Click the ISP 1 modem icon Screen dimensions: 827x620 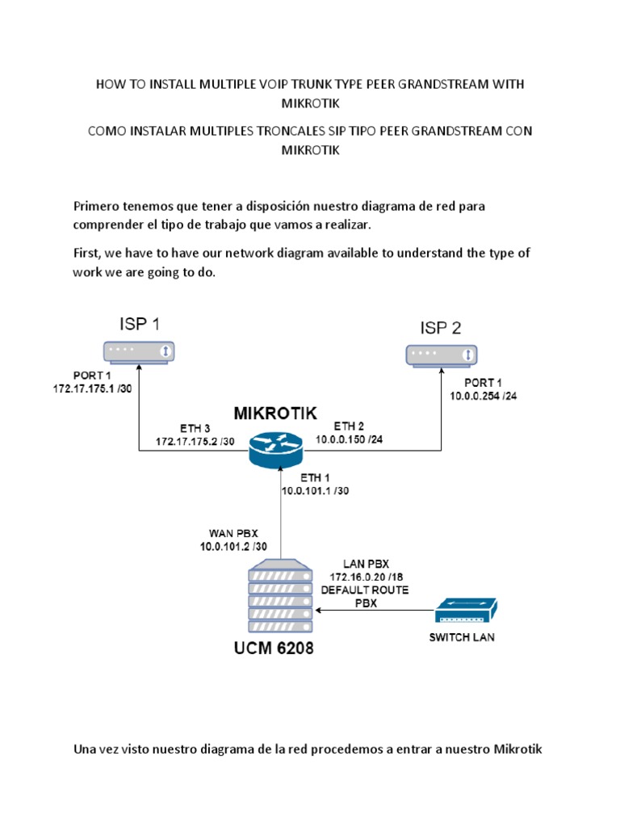pyautogui.click(x=139, y=351)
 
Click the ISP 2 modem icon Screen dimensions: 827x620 pyautogui.click(x=442, y=355)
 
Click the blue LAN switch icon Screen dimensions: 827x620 pyautogui.click(x=466, y=611)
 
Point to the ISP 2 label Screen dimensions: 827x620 pyautogui.click(x=441, y=328)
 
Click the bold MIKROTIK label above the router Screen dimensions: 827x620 pyautogui.click(x=275, y=413)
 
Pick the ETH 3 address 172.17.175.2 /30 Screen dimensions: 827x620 pyautogui.click(x=196, y=442)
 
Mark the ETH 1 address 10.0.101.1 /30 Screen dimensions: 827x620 pyautogui.click(x=316, y=490)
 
